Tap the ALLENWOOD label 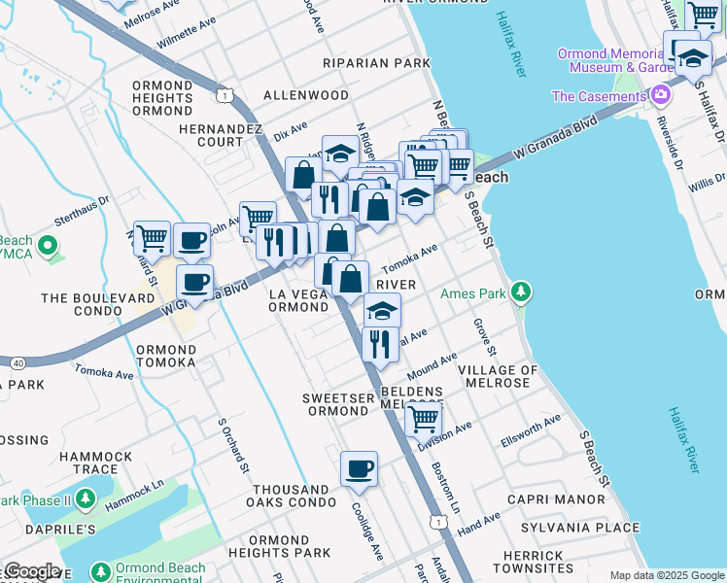[306, 96]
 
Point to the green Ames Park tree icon [522, 292]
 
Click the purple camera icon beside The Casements [661, 95]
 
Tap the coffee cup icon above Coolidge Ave [359, 470]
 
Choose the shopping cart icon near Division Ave [423, 420]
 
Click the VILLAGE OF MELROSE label [498, 377]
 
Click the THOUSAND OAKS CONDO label [291, 497]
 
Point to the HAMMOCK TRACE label [102, 463]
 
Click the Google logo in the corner [31, 571]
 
